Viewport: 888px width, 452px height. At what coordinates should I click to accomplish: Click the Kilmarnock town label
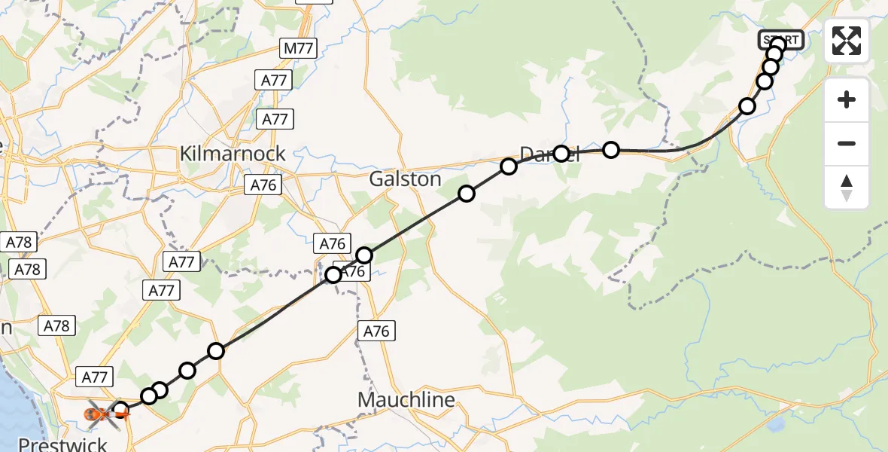[x=233, y=154]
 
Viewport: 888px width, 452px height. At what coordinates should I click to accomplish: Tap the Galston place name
[x=405, y=179]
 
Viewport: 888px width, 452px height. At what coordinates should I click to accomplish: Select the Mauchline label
[x=406, y=399]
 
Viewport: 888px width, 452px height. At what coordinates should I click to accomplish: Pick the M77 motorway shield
[x=299, y=50]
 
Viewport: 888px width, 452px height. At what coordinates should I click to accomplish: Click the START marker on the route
[x=783, y=39]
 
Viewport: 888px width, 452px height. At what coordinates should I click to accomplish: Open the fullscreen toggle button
[x=847, y=41]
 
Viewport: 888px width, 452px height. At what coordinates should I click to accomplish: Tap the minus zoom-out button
[x=847, y=143]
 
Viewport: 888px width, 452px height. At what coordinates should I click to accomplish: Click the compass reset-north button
[x=847, y=188]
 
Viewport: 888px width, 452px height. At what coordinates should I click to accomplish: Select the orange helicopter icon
[x=99, y=414]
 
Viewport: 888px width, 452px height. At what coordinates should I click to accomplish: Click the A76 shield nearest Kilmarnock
[x=263, y=185]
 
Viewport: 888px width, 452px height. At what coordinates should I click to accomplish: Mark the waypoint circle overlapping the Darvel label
[x=561, y=154]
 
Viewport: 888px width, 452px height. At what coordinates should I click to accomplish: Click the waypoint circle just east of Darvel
[x=611, y=150]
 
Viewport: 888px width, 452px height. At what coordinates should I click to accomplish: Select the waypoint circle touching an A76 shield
[x=333, y=275]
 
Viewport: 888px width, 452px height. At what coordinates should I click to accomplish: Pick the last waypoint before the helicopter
[x=120, y=410]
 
